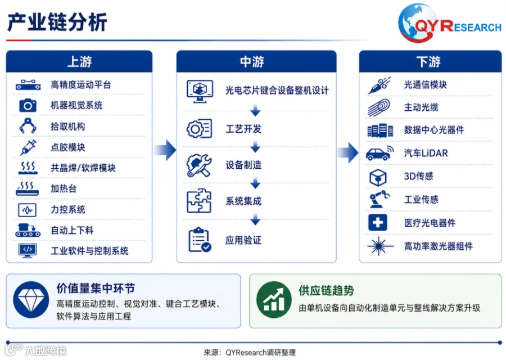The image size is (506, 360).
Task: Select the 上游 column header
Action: tap(79, 61)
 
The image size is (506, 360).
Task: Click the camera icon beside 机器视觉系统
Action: tap(28, 105)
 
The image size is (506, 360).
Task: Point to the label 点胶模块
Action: tap(68, 147)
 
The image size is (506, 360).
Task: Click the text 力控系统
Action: tap(68, 210)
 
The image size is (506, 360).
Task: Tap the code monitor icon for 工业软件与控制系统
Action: tap(28, 250)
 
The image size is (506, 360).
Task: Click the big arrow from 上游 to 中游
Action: tap(165, 150)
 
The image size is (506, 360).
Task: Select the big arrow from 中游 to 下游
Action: tap(347, 152)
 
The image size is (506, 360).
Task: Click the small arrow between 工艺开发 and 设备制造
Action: tap(255, 147)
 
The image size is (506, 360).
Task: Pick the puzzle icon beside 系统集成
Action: tap(199, 201)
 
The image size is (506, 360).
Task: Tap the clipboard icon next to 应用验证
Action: tap(200, 240)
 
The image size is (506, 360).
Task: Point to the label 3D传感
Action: tap(418, 176)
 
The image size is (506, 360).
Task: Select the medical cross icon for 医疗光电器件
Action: tap(378, 222)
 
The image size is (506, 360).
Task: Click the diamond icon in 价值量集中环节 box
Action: tap(31, 300)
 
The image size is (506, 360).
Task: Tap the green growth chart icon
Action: tap(274, 300)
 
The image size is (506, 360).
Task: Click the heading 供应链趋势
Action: tap(326, 291)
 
